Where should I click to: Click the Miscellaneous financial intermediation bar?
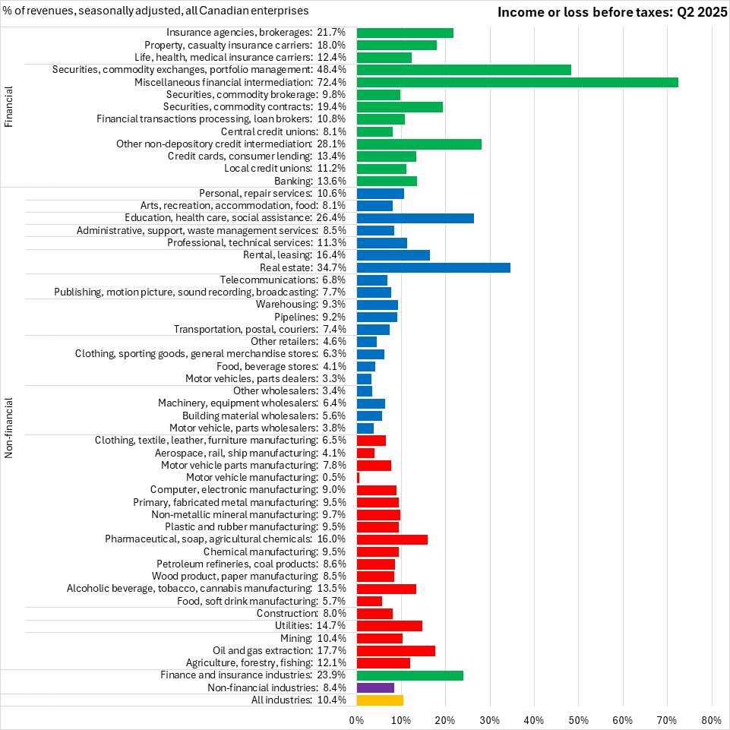(x=517, y=82)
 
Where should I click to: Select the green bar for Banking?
(x=387, y=181)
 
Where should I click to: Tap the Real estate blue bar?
(x=433, y=267)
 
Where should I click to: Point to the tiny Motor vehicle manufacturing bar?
(x=358, y=477)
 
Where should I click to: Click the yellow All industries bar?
(x=380, y=700)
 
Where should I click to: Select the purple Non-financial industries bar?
(x=375, y=687)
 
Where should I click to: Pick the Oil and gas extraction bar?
(x=396, y=651)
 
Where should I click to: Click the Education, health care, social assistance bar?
(x=415, y=218)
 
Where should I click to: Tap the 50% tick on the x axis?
(x=579, y=719)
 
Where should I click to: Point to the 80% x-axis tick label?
(x=712, y=719)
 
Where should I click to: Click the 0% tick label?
(x=356, y=719)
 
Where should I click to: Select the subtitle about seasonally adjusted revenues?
(x=156, y=11)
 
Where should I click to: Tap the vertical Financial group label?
(x=9, y=107)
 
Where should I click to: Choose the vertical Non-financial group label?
(x=9, y=428)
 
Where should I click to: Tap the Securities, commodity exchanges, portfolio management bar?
(x=463, y=70)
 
